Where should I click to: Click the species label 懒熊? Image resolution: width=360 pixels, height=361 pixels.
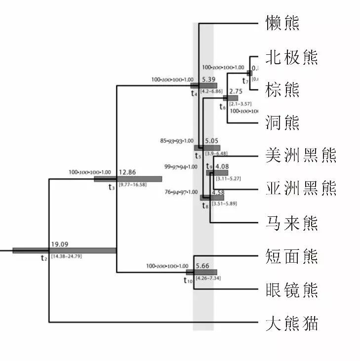coord(282,23)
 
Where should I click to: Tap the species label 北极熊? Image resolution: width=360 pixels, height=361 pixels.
coord(291,57)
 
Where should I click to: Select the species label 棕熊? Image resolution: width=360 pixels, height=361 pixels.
coord(282,89)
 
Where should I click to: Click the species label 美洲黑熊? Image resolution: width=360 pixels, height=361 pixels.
coord(301,155)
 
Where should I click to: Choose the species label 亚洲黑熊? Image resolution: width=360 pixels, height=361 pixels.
coord(301,188)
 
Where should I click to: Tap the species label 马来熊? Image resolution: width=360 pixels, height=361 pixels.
coord(291,224)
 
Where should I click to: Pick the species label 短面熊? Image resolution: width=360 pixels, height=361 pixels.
coord(291,256)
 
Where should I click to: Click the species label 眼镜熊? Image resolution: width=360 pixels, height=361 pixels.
coord(291,289)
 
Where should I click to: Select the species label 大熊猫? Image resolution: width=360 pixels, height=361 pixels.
coord(291,324)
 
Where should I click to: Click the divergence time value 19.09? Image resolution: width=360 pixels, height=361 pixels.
coord(59,244)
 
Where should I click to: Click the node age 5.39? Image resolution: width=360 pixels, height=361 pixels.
coord(208,79)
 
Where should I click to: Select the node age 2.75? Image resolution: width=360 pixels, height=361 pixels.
coord(236,92)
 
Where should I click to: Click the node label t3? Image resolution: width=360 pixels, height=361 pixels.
coord(112,187)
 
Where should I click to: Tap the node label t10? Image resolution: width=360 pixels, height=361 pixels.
coord(188,281)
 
